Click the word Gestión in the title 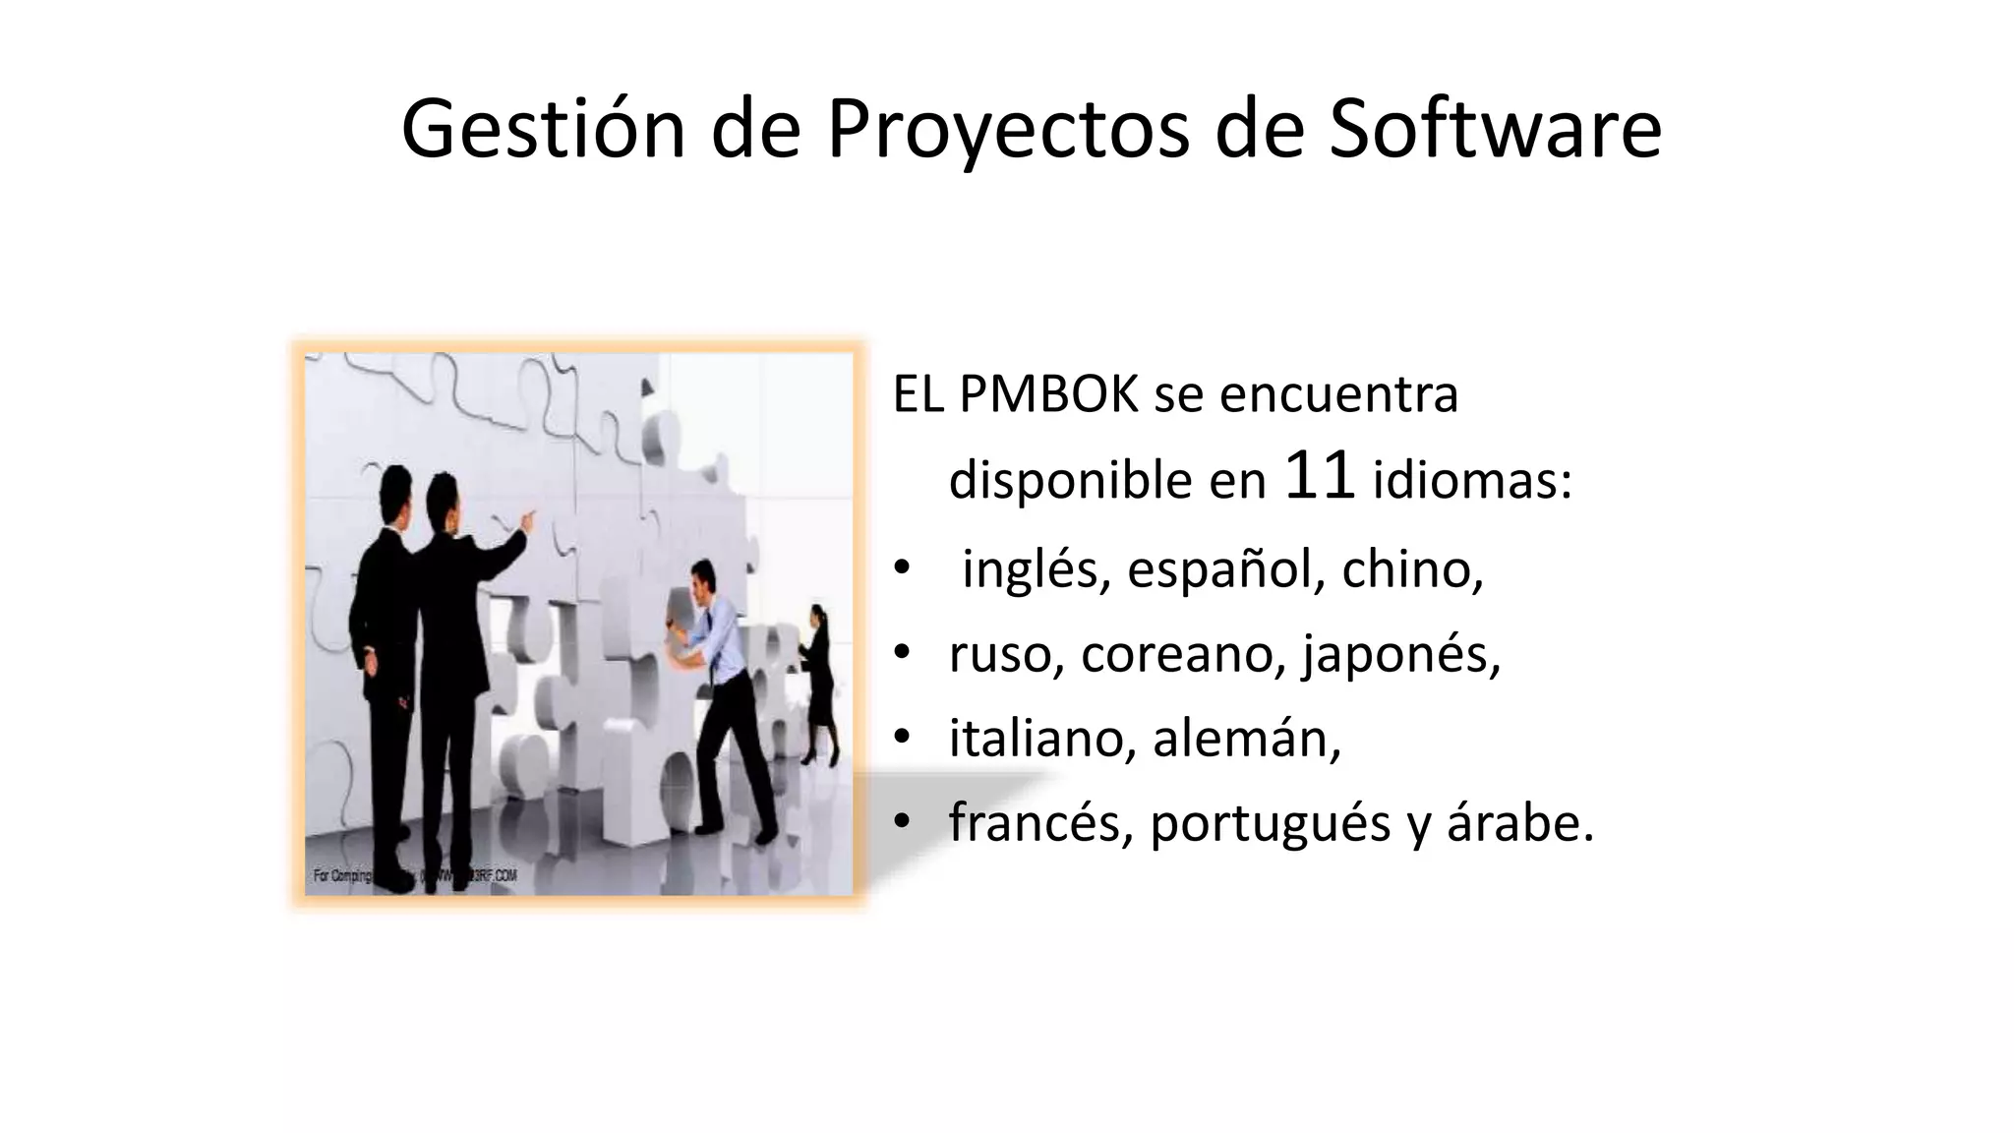click(x=543, y=130)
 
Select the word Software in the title click(x=1495, y=130)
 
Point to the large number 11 click(x=1320, y=477)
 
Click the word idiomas click(x=1471, y=481)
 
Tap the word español click(x=1219, y=569)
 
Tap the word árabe click(x=1519, y=822)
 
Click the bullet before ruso click(x=902, y=653)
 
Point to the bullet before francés click(x=902, y=822)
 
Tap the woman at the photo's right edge click(x=818, y=679)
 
